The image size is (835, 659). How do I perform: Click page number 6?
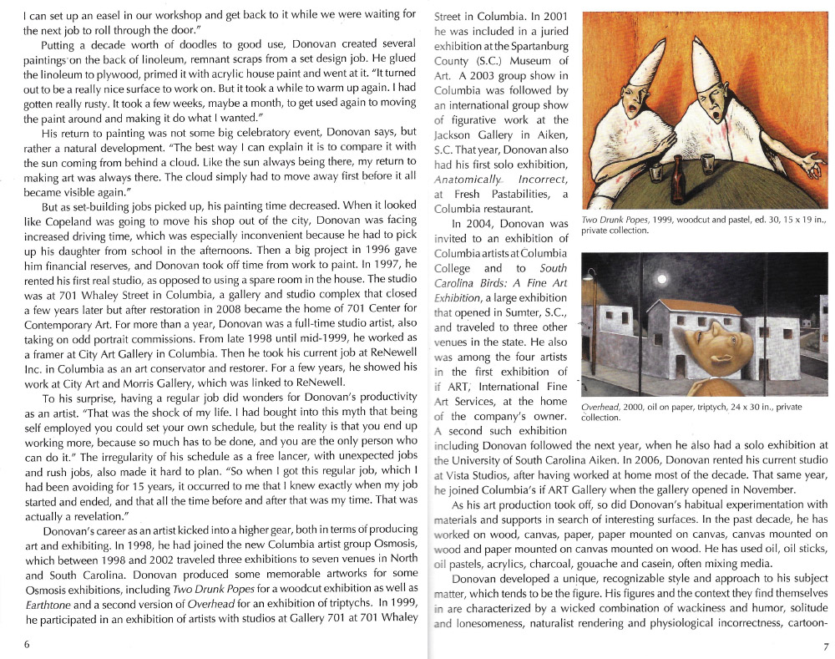point(27,644)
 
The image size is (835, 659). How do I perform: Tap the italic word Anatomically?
point(468,178)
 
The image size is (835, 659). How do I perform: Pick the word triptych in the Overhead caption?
point(707,407)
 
